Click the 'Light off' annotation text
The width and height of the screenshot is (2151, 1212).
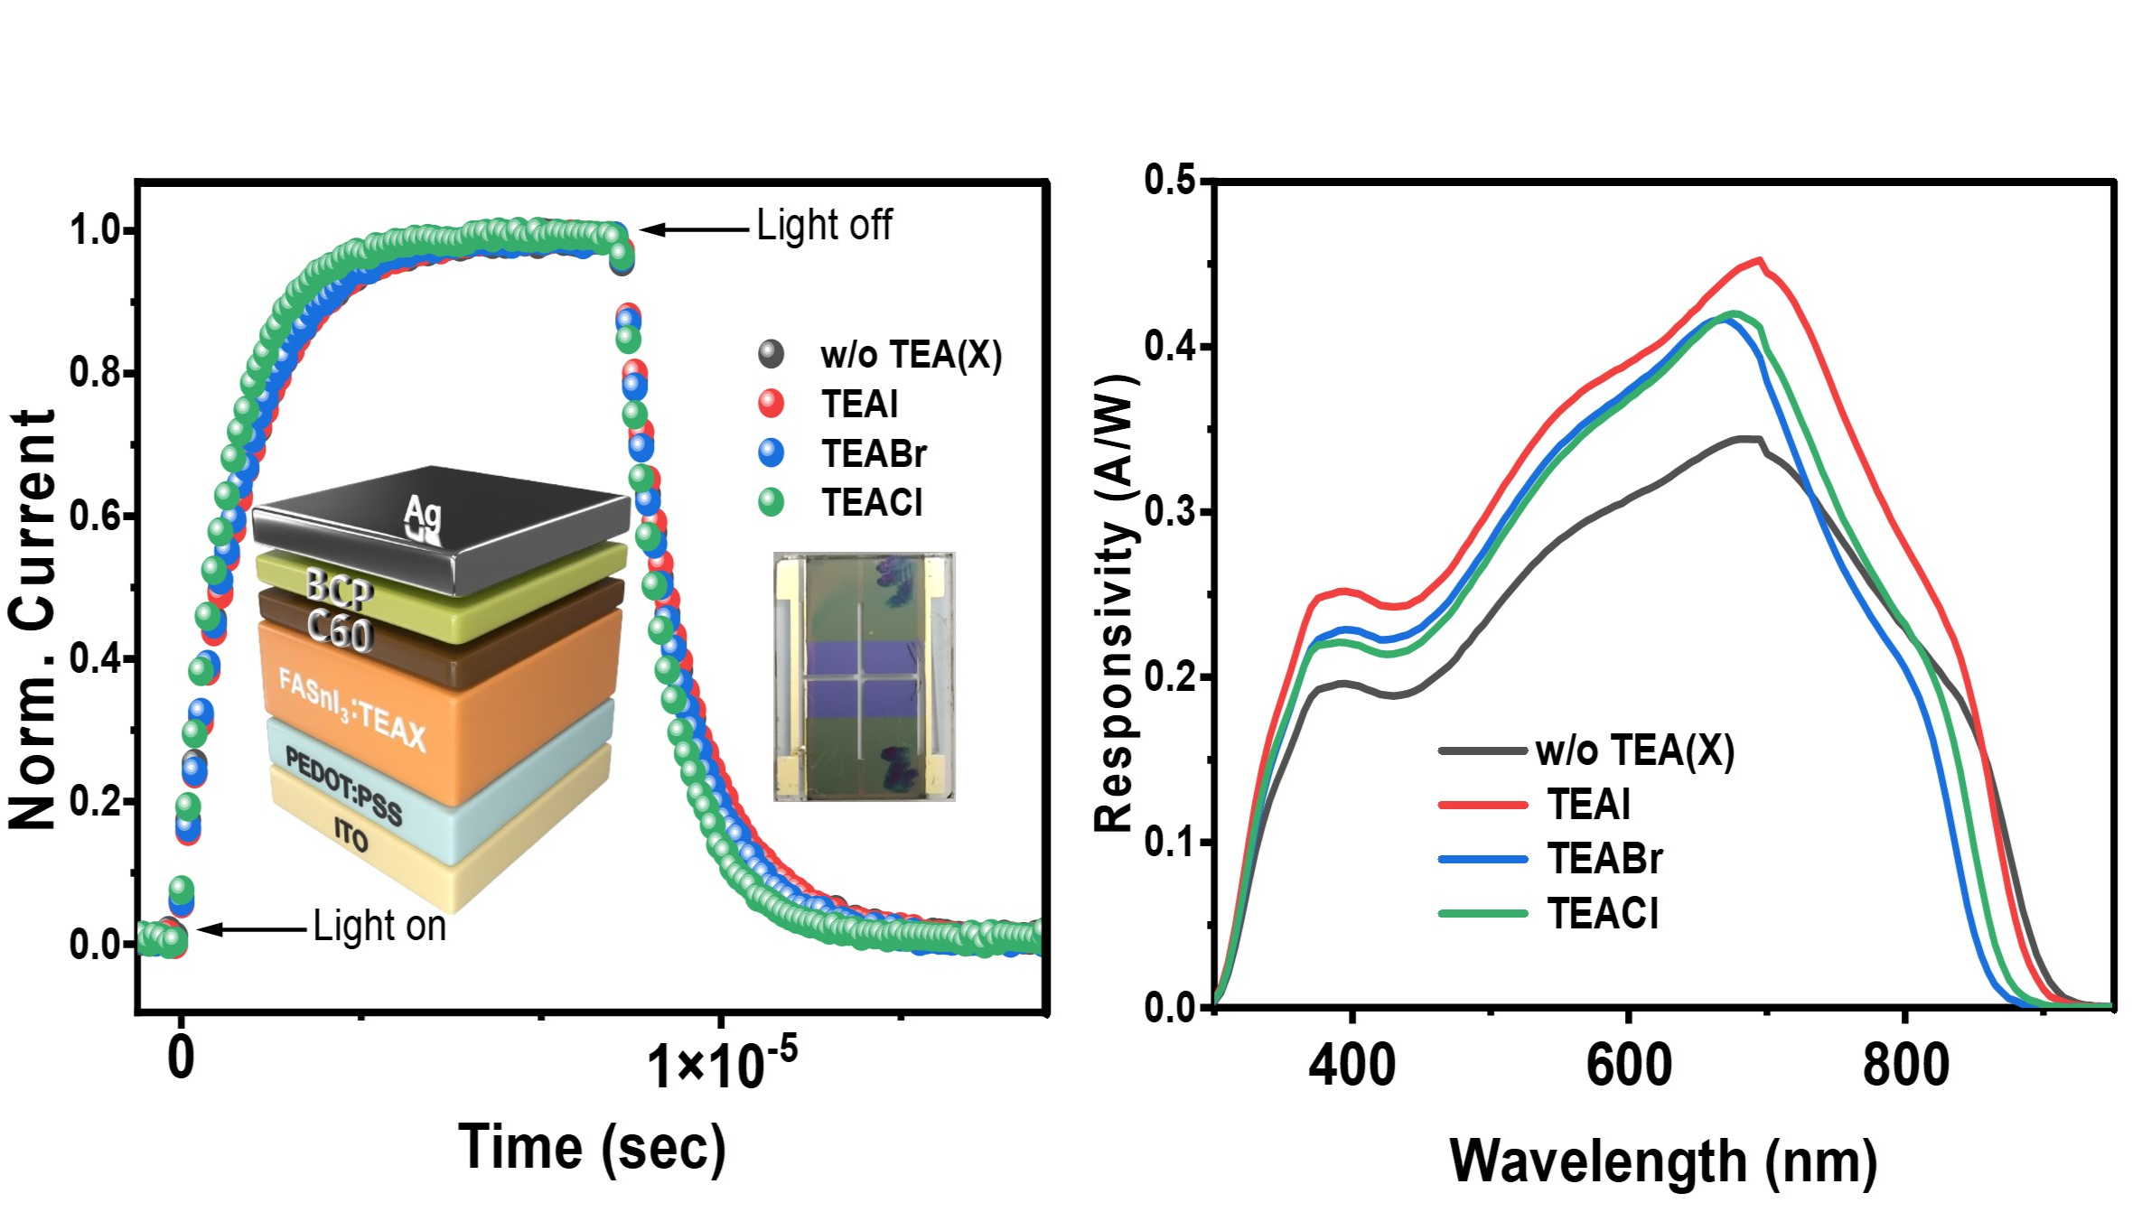(x=823, y=226)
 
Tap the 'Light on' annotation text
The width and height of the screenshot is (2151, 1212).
(x=379, y=927)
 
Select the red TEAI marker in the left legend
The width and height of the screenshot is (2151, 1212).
(x=771, y=404)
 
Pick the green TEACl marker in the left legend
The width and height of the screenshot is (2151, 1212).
(x=771, y=502)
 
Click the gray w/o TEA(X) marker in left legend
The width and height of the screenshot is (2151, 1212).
(x=771, y=354)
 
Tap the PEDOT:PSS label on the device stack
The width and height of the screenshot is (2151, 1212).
(x=344, y=786)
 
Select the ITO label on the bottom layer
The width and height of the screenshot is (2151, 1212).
(x=351, y=834)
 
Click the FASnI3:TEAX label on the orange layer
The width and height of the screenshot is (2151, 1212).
(x=351, y=710)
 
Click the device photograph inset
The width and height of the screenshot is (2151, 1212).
(x=864, y=676)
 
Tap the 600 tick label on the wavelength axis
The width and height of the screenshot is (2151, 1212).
(x=1628, y=1066)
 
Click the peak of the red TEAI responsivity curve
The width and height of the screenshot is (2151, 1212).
(x=1759, y=260)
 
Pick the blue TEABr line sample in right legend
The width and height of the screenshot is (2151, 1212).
(x=1482, y=859)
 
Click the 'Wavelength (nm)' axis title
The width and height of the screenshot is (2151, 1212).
(x=1663, y=1161)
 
